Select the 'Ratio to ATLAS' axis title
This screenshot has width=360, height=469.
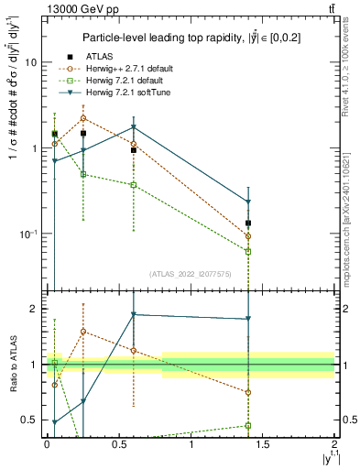click(12, 364)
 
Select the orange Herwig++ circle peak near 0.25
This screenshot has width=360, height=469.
click(83, 118)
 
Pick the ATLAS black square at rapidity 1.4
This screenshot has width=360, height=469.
click(248, 223)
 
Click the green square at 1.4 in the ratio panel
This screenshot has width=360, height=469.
click(248, 425)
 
